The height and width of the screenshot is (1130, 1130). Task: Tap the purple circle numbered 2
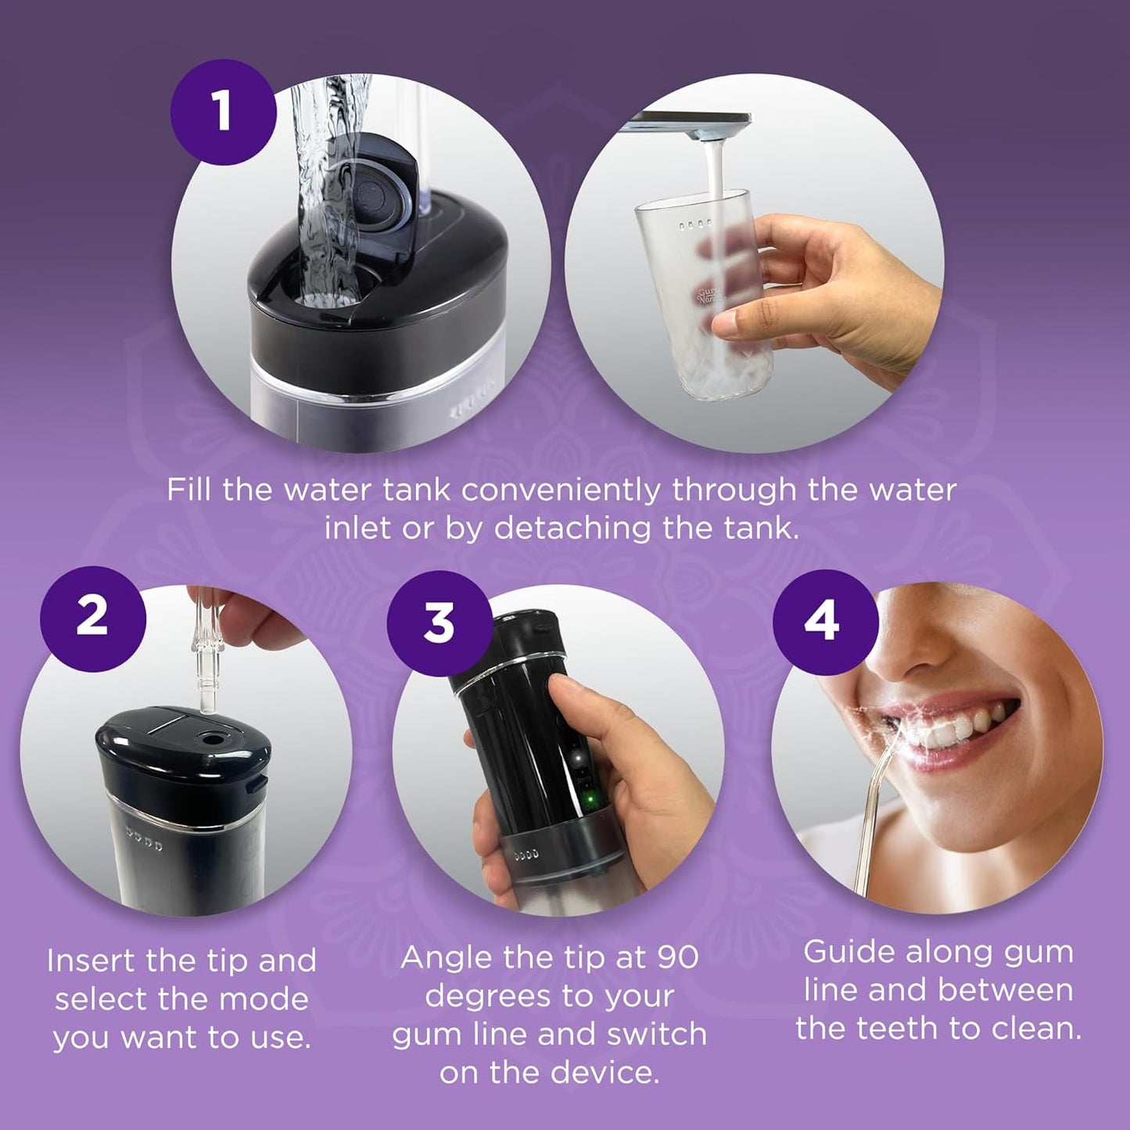(92, 616)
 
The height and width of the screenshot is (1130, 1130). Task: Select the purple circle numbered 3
(439, 623)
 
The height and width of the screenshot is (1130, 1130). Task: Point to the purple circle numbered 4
(821, 623)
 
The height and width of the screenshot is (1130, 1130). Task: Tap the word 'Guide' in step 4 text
(849, 952)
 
